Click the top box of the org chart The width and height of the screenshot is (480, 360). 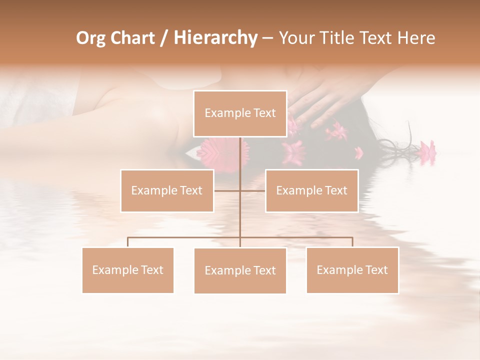click(x=240, y=113)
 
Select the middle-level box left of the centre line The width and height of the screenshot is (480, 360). click(x=167, y=190)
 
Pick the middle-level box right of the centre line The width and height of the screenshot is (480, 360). click(x=311, y=190)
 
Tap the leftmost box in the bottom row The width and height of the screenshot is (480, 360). click(x=127, y=270)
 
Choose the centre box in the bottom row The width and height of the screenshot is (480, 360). click(x=240, y=270)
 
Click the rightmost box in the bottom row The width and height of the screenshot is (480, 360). click(x=352, y=270)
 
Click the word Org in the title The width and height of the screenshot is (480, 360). click(x=90, y=38)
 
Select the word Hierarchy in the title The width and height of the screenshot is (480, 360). click(x=215, y=38)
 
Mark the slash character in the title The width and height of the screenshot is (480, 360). click(x=164, y=38)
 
